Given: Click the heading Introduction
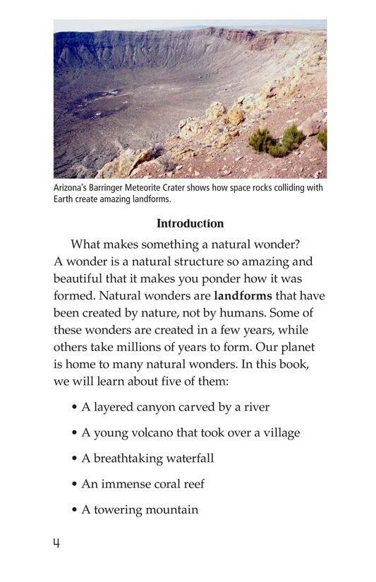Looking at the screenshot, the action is pos(190,224).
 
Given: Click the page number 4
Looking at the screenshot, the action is pos(56,542).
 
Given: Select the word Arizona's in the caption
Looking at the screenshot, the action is pos(73,188).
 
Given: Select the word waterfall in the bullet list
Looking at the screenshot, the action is pos(190,458).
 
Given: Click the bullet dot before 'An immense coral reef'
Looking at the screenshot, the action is pos(74,485).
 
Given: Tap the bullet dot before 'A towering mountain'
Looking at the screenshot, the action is pos(74,510).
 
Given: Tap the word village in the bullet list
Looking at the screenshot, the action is pos(280,433).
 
